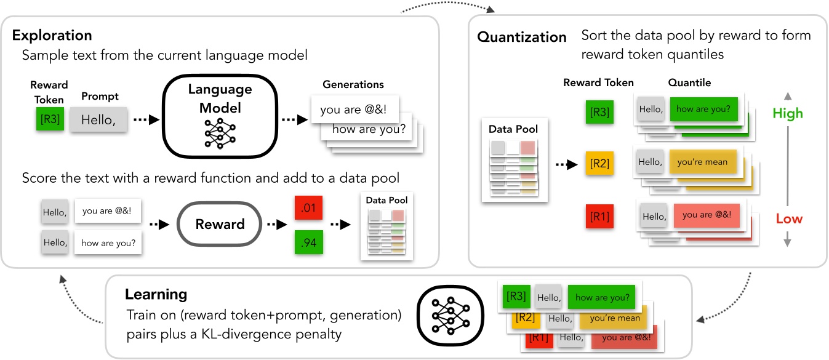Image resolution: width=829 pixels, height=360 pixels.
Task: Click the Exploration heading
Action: coord(52,35)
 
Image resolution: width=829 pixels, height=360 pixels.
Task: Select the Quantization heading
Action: coord(522,37)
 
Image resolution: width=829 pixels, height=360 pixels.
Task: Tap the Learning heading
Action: coord(156,294)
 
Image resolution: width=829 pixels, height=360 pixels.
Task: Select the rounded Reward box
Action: coord(220,225)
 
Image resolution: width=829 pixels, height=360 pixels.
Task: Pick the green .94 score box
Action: coord(308,243)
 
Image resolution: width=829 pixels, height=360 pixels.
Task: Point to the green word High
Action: coord(788,113)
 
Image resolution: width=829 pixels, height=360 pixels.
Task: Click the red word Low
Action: coord(788,219)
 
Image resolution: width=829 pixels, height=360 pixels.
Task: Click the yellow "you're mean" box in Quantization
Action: coord(702,162)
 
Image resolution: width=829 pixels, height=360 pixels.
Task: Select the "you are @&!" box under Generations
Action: coord(353,110)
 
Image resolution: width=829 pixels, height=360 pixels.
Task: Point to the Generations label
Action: coord(353,84)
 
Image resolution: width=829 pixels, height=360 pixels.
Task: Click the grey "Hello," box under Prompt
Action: coord(98,119)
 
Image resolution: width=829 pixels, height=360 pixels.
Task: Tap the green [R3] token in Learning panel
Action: coord(516,297)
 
